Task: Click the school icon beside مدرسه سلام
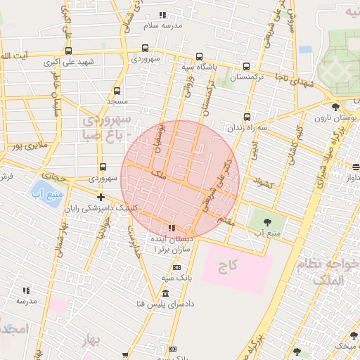pyautogui.click(x=163, y=15)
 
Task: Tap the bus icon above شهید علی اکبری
pyautogui.click(x=68, y=51)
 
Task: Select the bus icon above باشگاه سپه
pyautogui.click(x=199, y=56)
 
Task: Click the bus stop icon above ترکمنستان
pyautogui.click(x=246, y=66)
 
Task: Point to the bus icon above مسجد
pyautogui.click(x=117, y=91)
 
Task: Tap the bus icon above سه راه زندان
pyautogui.click(x=247, y=117)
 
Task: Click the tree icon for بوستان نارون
pyautogui.click(x=335, y=107)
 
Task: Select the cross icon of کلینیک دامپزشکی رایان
pyautogui.click(x=102, y=197)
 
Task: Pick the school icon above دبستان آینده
pyautogui.click(x=172, y=228)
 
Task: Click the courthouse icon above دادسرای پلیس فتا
pyautogui.click(x=165, y=293)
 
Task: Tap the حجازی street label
pyautogui.click(x=53, y=175)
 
